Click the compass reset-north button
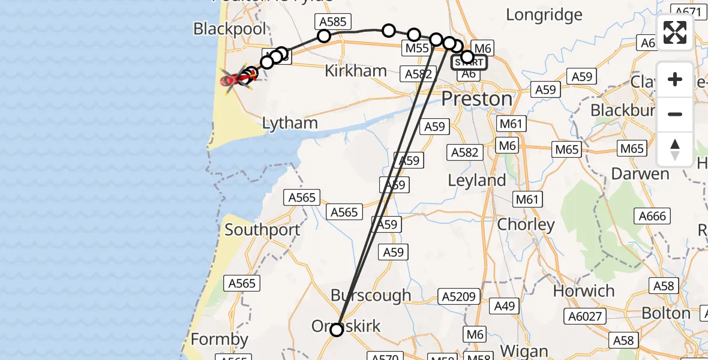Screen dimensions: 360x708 click(675, 149)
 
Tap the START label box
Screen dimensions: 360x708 click(469, 61)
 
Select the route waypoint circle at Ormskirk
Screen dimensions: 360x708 click(337, 329)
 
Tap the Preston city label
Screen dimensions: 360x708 click(477, 98)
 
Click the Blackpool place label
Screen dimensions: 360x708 click(229, 29)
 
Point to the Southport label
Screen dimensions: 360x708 click(262, 230)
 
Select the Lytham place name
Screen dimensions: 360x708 click(290, 124)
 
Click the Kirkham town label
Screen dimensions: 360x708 click(356, 71)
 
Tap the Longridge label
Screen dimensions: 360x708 click(544, 14)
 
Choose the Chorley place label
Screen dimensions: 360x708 click(527, 225)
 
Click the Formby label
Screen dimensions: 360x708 click(220, 340)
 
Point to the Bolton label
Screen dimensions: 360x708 click(666, 313)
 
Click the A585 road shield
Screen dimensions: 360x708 click(332, 22)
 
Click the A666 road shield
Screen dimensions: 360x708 click(652, 216)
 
